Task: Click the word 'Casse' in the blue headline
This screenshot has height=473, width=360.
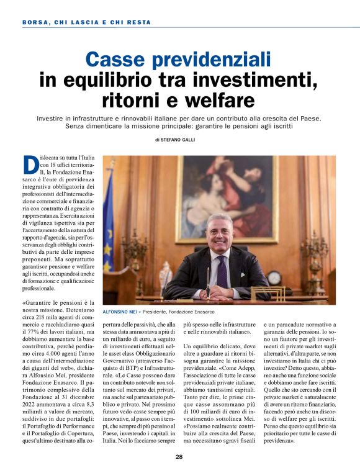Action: point(119,60)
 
